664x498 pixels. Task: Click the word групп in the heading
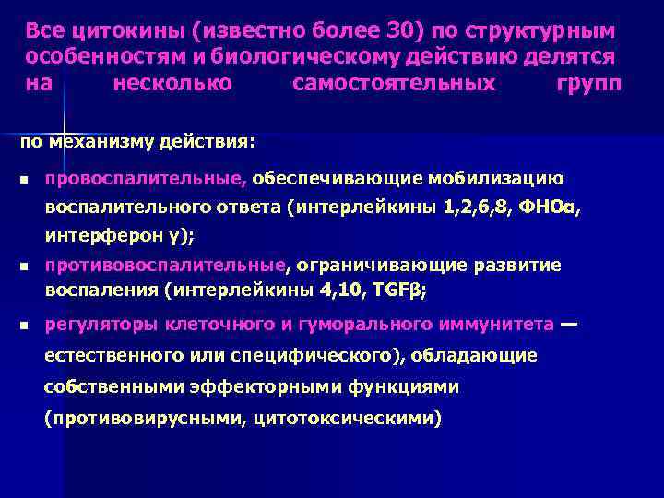tap(588, 85)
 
